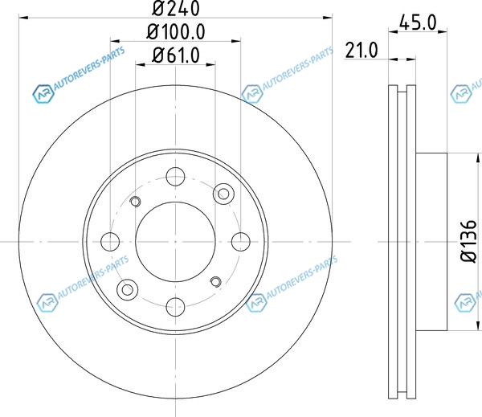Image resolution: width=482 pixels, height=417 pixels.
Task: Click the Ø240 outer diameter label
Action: tap(175, 8)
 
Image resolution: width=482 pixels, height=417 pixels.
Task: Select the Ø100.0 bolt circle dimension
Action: tap(175, 31)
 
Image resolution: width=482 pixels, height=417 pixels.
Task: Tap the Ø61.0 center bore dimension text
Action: tap(176, 55)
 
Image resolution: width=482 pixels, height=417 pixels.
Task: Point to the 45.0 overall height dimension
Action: tap(418, 22)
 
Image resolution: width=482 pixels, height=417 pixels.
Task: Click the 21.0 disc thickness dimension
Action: tap(361, 50)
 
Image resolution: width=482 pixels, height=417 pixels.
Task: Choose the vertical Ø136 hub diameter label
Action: tap(469, 241)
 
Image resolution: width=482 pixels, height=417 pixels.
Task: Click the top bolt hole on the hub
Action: tap(175, 177)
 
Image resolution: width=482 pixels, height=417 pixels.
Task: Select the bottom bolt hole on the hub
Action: tap(175, 307)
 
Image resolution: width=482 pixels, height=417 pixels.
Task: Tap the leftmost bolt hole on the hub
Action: tap(110, 242)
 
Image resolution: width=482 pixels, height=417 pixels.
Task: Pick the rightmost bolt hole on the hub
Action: tap(241, 242)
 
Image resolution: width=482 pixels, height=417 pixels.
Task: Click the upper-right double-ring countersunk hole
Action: tap(223, 194)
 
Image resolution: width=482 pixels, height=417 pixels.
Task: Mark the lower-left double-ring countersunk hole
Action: tap(127, 289)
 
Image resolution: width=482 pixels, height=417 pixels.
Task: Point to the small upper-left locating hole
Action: tap(135, 202)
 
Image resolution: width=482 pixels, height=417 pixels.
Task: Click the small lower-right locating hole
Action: tap(215, 282)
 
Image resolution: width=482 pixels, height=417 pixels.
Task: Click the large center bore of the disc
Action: tap(175, 242)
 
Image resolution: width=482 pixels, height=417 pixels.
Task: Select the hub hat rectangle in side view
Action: tap(431, 242)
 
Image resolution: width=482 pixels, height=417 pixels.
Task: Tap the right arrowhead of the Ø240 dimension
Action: tap(328, 18)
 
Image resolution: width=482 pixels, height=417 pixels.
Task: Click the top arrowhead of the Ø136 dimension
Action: tap(478, 158)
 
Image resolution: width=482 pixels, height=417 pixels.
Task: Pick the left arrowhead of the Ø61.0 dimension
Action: tap(140, 64)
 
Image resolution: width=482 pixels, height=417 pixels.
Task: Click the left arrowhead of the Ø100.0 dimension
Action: tap(115, 41)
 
